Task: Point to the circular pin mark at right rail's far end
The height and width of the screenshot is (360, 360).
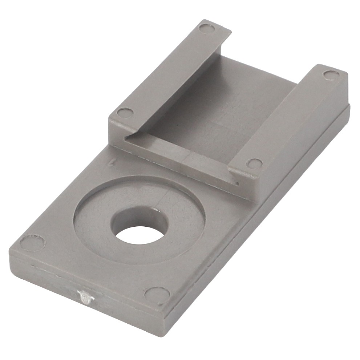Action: point(331,74)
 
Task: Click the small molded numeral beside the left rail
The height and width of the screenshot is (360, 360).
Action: point(114,163)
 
